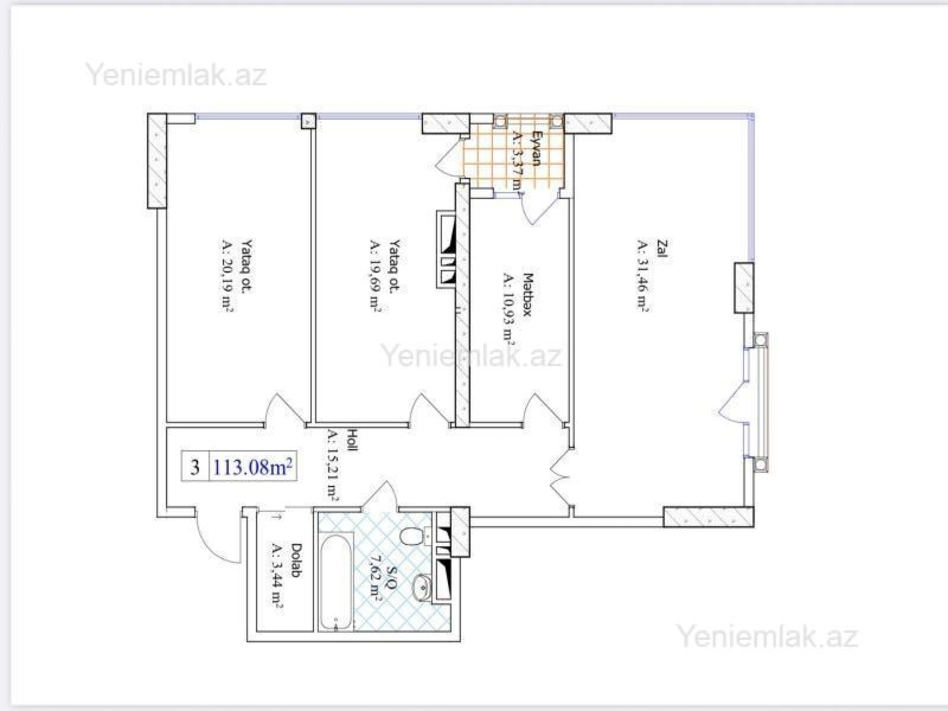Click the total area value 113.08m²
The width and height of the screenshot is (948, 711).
252,467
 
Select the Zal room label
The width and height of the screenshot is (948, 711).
662,249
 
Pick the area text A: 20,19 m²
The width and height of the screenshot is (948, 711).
227,276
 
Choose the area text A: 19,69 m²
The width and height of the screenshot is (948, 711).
375,276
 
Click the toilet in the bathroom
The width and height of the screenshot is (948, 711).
411,535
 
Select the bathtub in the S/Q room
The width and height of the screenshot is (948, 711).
336,583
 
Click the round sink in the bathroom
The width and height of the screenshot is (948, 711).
422,587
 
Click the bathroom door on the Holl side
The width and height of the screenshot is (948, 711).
380,495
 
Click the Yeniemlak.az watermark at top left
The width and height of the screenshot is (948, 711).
176,75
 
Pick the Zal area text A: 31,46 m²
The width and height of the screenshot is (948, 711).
642,276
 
